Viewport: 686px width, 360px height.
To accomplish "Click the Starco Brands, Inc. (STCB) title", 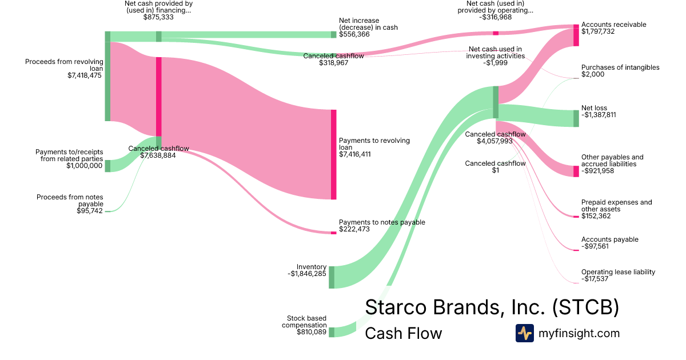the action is tap(492, 307).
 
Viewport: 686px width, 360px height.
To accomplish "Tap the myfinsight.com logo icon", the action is tap(524, 333).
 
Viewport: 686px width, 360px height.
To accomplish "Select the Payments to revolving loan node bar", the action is tap(333, 154).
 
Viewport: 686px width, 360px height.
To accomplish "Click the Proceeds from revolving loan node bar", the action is tap(107, 76).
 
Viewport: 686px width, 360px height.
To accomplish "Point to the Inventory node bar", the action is tap(332, 277).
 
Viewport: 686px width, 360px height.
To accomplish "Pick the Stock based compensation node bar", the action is tap(332, 332).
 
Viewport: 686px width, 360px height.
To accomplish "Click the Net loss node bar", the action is tap(576, 118).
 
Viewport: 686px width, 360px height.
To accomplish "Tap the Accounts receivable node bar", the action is tap(576, 35).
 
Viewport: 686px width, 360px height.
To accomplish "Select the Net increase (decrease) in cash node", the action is tap(334, 34).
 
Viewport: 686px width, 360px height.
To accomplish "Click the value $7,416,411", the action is tap(355, 154).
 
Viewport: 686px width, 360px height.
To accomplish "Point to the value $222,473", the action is tap(354, 229).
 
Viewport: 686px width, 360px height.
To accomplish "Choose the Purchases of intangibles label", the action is tap(620, 67).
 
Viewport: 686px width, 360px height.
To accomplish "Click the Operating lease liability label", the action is tap(618, 272).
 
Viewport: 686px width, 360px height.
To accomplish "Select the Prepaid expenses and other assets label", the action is tap(616, 206).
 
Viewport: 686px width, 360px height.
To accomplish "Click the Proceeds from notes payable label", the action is tap(70, 200).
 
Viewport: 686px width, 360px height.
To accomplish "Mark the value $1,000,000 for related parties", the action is tap(85, 166).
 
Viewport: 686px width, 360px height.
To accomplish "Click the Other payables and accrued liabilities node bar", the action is tap(576, 171).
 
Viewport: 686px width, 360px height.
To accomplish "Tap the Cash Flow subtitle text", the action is tap(403, 333).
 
